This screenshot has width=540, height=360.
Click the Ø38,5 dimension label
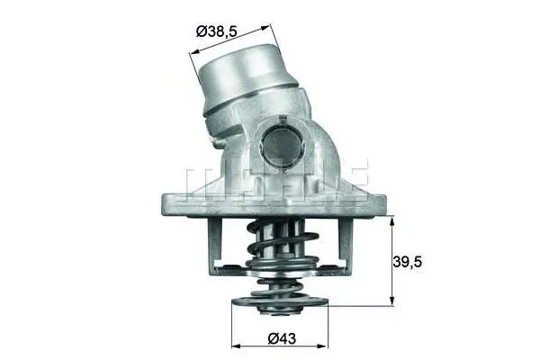pyautogui.click(x=217, y=31)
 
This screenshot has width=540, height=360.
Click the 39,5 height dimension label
pyautogui.click(x=408, y=262)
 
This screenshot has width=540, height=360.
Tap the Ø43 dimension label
pyautogui.click(x=282, y=338)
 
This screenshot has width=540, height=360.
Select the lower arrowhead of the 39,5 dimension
pyautogui.click(x=391, y=301)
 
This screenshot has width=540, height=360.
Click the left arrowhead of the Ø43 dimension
pyautogui.click(x=237, y=346)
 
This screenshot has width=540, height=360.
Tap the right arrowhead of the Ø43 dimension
pyautogui.click(x=323, y=346)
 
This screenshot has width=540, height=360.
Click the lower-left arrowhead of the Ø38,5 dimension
pyautogui.click(x=195, y=51)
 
